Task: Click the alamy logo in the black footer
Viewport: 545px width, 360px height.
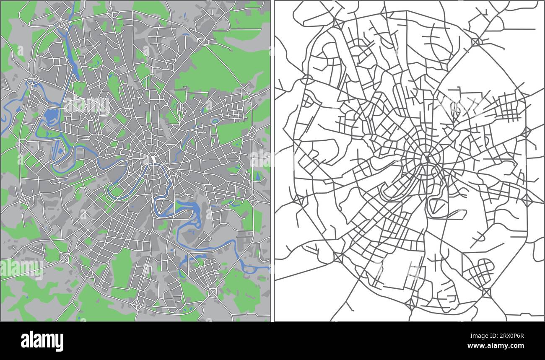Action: pos(42,341)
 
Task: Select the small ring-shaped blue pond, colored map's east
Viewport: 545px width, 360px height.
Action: pos(215,122)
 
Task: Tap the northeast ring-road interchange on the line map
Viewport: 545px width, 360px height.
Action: pos(477,41)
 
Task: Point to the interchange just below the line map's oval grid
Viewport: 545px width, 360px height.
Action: pos(487,292)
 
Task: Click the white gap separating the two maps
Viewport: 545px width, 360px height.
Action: pos(272,168)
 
